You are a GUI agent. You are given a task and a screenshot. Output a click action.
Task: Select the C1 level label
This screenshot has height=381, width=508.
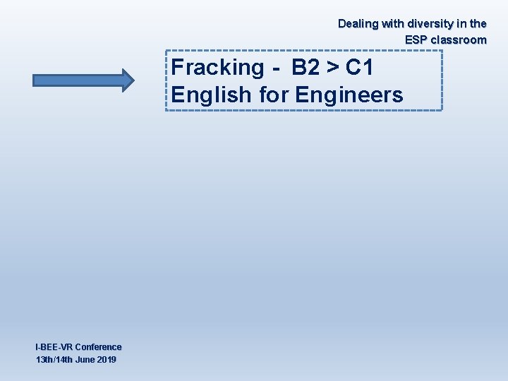coord(359,68)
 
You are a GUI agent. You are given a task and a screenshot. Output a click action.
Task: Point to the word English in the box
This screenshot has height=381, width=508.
coord(210,95)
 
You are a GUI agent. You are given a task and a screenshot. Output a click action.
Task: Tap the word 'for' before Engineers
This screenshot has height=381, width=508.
coord(273,95)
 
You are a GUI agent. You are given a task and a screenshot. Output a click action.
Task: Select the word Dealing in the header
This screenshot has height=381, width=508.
coord(358,23)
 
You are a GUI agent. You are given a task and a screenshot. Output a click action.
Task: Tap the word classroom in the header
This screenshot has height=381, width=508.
coord(459,40)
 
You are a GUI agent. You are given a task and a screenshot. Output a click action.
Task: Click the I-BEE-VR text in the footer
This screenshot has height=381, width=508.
coord(54,347)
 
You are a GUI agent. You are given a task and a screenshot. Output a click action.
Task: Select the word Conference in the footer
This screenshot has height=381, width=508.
coord(98,347)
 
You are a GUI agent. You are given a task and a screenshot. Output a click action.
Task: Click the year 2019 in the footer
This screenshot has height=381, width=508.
coord(106,360)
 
